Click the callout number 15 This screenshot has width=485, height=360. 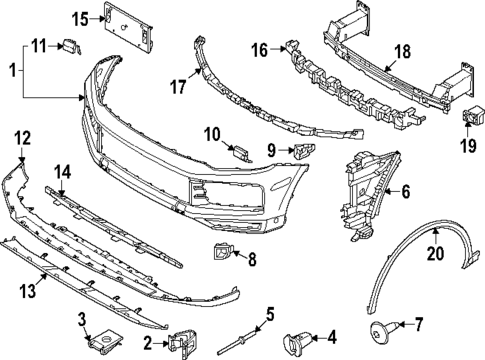(x=79, y=18)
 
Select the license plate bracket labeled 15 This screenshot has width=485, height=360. (x=130, y=31)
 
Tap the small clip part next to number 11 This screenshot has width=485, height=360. (x=70, y=45)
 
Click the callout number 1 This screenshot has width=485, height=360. (x=11, y=72)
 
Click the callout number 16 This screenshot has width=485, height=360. (x=259, y=50)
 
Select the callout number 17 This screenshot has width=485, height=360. (x=179, y=87)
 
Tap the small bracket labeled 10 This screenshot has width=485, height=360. (x=240, y=150)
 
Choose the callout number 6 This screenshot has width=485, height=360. (x=406, y=186)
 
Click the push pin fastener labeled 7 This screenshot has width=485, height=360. (x=383, y=326)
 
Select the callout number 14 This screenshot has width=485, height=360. (x=61, y=171)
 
